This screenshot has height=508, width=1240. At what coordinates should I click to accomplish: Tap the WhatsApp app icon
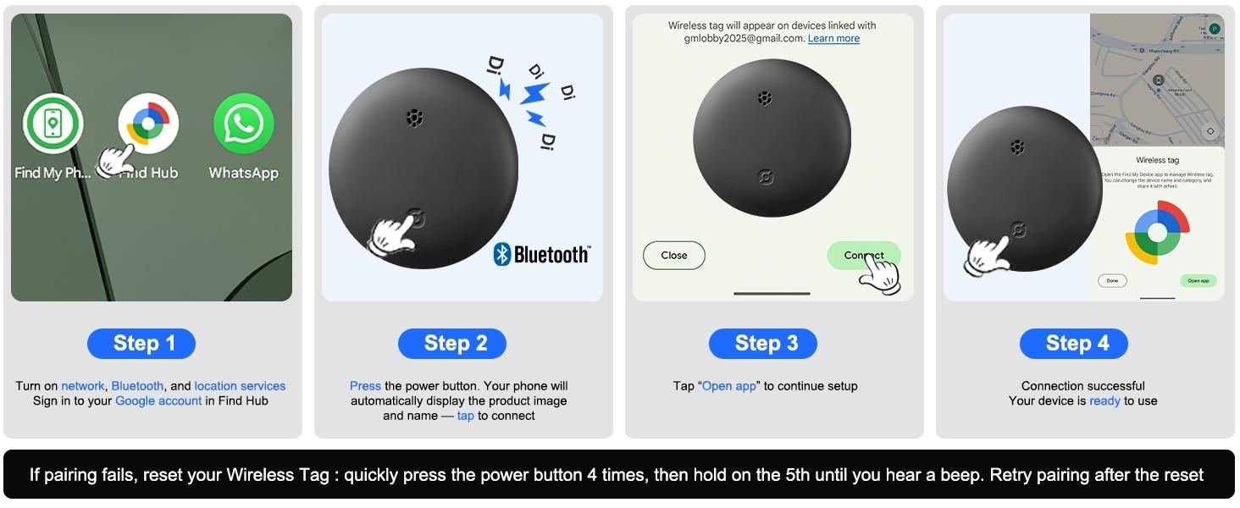(244, 124)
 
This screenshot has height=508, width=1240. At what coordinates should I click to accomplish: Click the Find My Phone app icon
(53, 124)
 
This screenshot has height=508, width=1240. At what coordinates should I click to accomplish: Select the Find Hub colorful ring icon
(148, 124)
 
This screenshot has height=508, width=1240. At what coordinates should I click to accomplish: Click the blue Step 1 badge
(141, 343)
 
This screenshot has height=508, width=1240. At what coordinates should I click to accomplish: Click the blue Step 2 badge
(452, 343)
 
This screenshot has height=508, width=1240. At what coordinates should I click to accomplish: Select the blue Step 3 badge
(763, 343)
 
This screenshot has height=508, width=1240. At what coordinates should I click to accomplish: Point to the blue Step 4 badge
(1074, 343)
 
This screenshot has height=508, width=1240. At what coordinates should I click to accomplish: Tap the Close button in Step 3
(674, 255)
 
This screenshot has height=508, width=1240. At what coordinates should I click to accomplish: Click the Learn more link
(833, 39)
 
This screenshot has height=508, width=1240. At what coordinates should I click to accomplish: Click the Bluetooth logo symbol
(502, 254)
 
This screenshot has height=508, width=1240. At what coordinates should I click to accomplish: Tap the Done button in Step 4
(1112, 280)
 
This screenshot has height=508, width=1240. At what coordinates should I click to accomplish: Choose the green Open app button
(1198, 280)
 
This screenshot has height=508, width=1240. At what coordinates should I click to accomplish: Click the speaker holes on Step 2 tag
(413, 118)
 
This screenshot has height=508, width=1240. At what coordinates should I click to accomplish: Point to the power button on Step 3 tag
(764, 178)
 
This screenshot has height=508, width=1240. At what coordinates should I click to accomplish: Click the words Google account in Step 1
(158, 400)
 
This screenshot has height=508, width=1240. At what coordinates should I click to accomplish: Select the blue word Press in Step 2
(365, 386)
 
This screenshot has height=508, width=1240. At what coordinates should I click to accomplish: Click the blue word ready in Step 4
(1104, 400)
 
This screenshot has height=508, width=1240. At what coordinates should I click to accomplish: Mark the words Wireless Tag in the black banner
(278, 475)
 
